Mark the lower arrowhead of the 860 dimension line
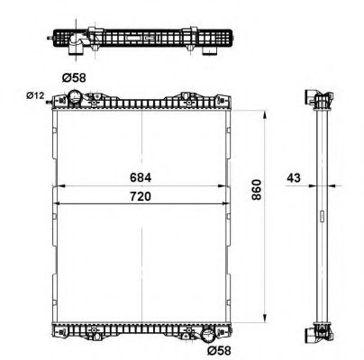point(264,319)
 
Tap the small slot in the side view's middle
point(321,216)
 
